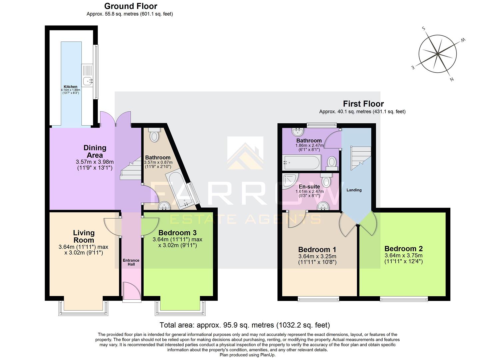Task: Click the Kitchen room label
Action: (71, 87)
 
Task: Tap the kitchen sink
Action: (88, 80)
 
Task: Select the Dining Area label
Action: (95, 151)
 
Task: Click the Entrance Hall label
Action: (131, 262)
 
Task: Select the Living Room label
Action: (84, 236)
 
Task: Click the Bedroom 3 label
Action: (177, 233)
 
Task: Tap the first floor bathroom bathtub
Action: (301, 162)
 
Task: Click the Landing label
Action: (354, 190)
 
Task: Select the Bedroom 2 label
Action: (403, 249)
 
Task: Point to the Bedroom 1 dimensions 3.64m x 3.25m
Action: (317, 256)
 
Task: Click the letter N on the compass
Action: (452, 79)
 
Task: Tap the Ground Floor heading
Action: (131, 6)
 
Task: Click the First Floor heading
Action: (363, 104)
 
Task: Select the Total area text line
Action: (245, 325)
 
